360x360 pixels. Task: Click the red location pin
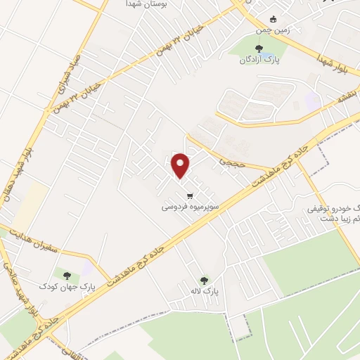(181, 165)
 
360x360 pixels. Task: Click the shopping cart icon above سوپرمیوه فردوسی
(189, 195)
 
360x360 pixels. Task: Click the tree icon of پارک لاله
(205, 279)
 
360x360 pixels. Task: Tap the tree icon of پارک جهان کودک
(67, 276)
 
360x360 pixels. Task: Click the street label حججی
(230, 162)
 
